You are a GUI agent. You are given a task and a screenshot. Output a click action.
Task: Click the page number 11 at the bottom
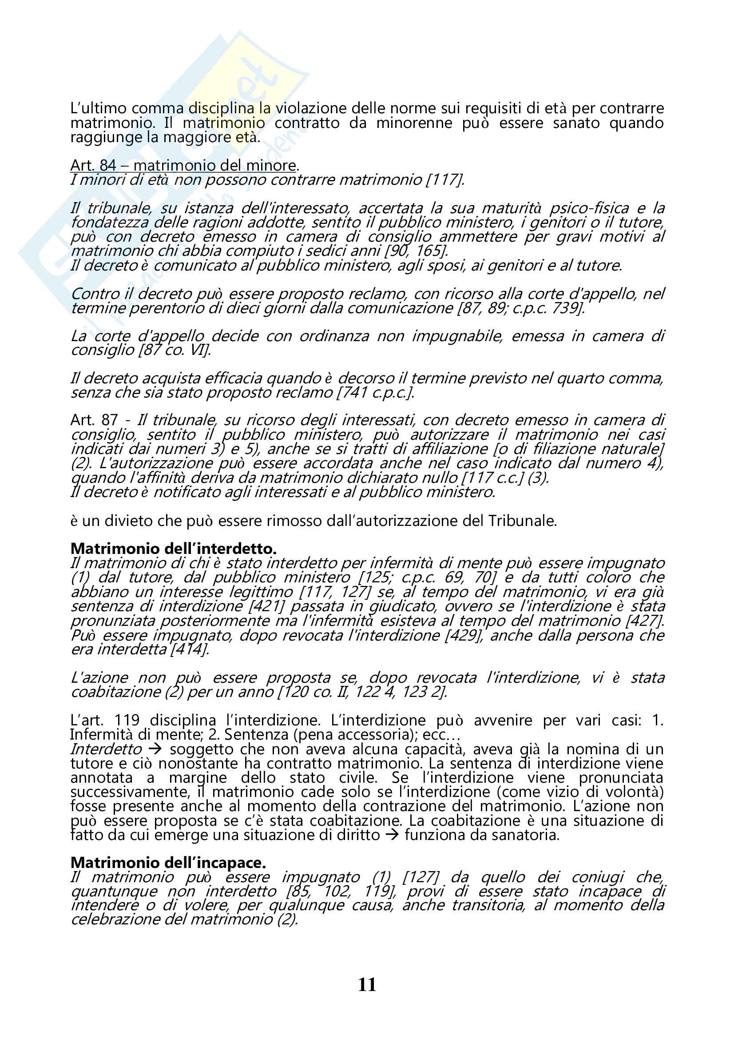click(x=367, y=985)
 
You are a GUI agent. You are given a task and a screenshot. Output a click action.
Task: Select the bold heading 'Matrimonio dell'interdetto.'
click(x=173, y=549)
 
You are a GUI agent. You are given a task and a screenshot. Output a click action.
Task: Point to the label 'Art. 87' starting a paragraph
click(x=94, y=420)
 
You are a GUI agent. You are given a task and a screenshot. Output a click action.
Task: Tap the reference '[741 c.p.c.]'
click(x=375, y=392)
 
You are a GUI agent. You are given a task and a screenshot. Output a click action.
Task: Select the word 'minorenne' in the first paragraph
click(x=414, y=123)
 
